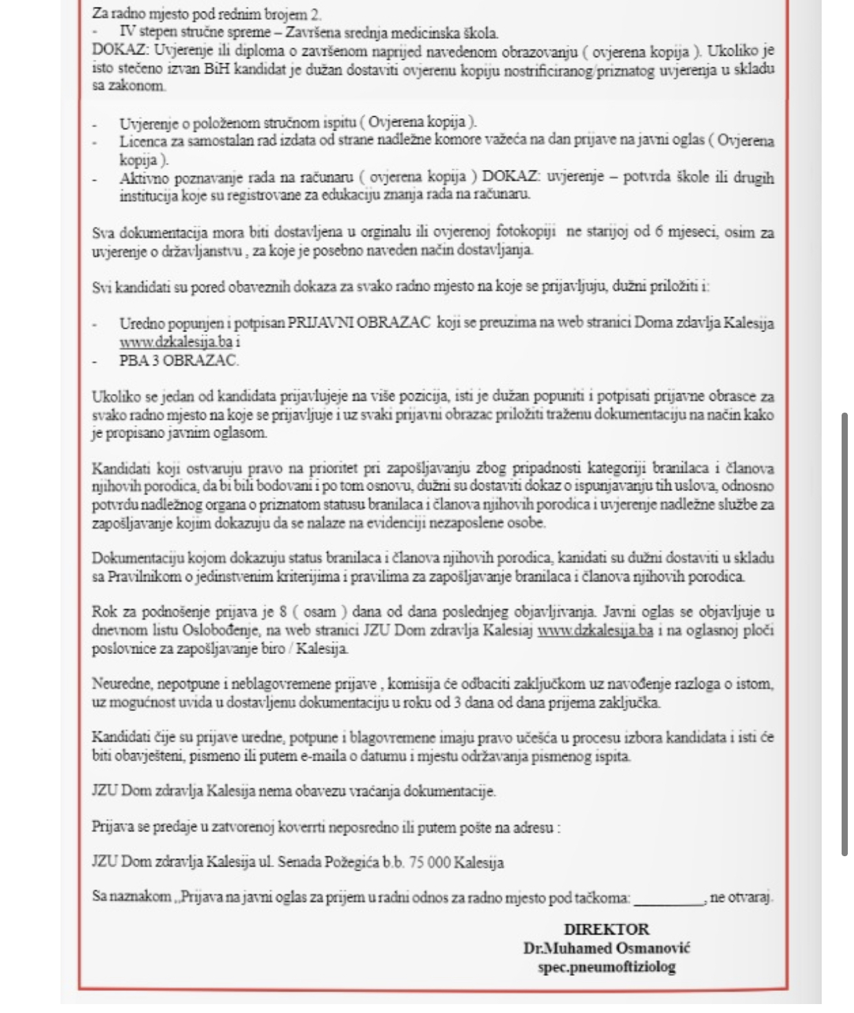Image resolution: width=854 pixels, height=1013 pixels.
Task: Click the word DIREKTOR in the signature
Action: (606, 929)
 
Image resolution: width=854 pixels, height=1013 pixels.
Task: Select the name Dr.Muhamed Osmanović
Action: (606, 948)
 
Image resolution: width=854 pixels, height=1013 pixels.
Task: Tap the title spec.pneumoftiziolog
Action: (606, 966)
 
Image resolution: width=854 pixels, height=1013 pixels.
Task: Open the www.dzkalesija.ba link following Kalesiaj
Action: (595, 630)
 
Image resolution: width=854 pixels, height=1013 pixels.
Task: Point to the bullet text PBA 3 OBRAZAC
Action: (179, 360)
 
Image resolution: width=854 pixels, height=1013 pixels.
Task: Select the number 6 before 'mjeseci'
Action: (659, 231)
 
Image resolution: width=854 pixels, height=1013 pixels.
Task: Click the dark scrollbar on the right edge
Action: (844, 633)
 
